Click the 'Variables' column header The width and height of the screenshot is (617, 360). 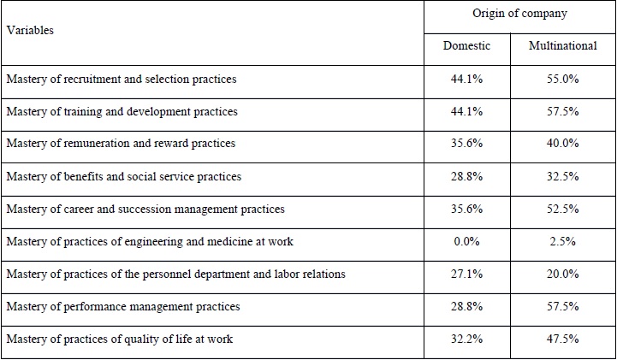[30, 30]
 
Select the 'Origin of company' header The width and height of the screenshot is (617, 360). [519, 14]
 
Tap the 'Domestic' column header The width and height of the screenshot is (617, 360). [466, 45]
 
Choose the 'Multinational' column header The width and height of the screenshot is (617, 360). [562, 45]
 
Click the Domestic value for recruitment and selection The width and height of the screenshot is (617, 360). [468, 79]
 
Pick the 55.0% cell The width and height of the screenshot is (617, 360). [565, 79]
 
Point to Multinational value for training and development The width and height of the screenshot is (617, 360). [565, 111]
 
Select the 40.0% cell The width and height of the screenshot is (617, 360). [565, 144]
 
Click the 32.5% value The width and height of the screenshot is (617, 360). [565, 176]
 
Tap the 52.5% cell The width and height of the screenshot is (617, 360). [565, 209]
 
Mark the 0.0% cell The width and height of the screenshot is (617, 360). [468, 241]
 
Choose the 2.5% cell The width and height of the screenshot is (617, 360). [565, 241]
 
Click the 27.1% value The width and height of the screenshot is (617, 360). [468, 274]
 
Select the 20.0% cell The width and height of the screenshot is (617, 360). [565, 274]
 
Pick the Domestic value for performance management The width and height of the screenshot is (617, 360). [468, 306]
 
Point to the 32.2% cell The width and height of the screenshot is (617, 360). [468, 339]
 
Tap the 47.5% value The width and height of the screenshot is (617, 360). [565, 339]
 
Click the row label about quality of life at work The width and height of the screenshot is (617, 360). [120, 339]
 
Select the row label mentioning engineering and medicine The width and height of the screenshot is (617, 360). [150, 241]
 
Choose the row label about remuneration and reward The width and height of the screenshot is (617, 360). [121, 144]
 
